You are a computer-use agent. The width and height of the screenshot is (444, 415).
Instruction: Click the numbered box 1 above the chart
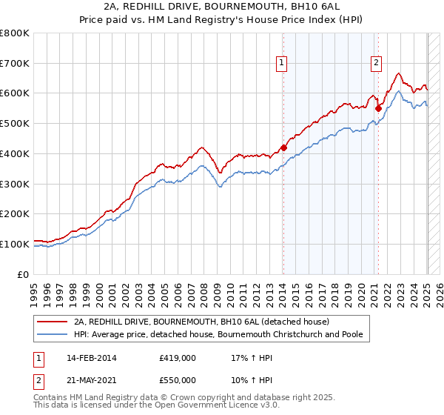pyautogui.click(x=282, y=63)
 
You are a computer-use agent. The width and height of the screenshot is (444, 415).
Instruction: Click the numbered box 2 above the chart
pyautogui.click(x=377, y=63)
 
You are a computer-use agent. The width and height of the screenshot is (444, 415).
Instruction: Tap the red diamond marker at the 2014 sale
pyautogui.click(x=283, y=147)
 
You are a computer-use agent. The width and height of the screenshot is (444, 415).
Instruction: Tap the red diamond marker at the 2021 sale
pyautogui.click(x=378, y=108)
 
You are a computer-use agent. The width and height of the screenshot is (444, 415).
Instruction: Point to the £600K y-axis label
pyautogui.click(x=15, y=93)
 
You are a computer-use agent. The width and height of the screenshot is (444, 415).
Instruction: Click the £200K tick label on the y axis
pyautogui.click(x=15, y=213)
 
